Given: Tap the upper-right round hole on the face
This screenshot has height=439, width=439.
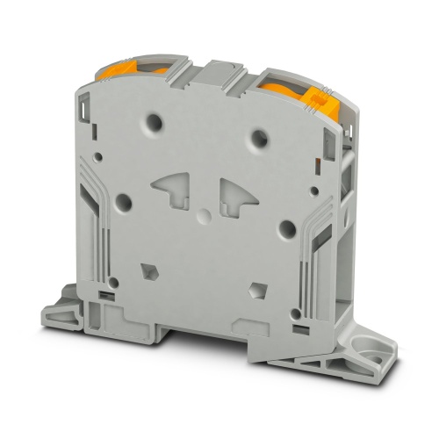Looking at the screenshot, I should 261,137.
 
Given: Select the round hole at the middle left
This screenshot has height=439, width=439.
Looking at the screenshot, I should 124,201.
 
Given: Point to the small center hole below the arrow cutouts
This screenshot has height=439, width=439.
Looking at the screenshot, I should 204,215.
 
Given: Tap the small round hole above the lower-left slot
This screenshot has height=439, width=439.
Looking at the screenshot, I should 113,281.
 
